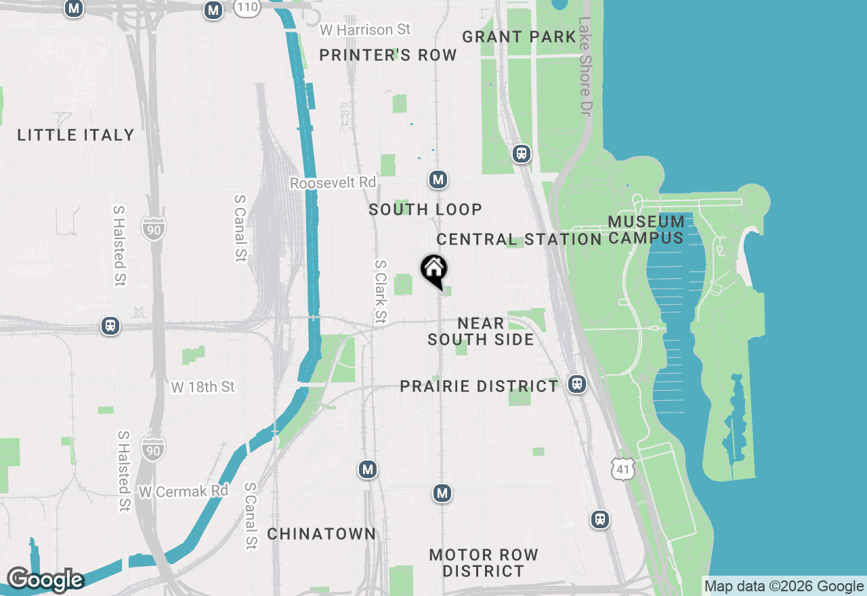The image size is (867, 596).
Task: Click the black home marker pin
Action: pos(434,270)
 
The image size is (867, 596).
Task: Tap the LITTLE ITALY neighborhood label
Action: pos(76,135)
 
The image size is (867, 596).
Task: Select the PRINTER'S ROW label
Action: pos(388,56)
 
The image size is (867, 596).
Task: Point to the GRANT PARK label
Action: pos(519,37)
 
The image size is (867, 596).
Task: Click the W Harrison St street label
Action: pos(365,30)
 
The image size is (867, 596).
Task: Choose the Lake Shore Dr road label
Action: pos(585,65)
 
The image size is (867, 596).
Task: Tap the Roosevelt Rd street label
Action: pos(333,183)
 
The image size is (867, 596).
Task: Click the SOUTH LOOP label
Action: pos(425,210)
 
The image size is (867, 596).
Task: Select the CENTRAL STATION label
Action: pos(519,240)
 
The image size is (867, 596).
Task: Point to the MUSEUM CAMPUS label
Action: pos(646,230)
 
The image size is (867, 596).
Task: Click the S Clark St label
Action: pos(381,291)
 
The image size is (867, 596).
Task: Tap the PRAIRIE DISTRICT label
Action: pos(479,387)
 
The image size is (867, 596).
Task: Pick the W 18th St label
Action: pos(203,387)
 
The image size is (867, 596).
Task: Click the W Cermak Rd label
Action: pos(184,492)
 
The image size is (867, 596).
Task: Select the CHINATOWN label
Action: pos(321,534)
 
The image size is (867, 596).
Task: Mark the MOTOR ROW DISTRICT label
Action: pos(484,563)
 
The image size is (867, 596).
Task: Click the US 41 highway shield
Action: pos(622,468)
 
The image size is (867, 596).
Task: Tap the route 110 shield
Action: pos(248,7)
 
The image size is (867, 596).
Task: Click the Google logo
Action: pos(45,580)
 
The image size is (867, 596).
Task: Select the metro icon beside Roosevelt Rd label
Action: pos(438,179)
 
